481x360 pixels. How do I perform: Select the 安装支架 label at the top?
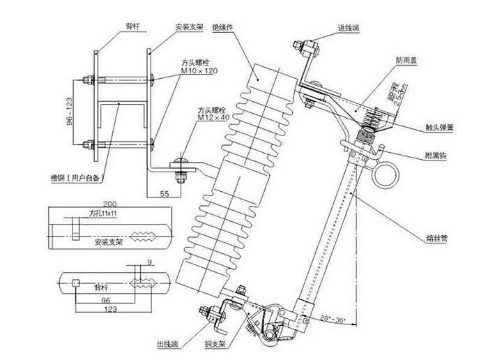(x=189, y=26)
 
